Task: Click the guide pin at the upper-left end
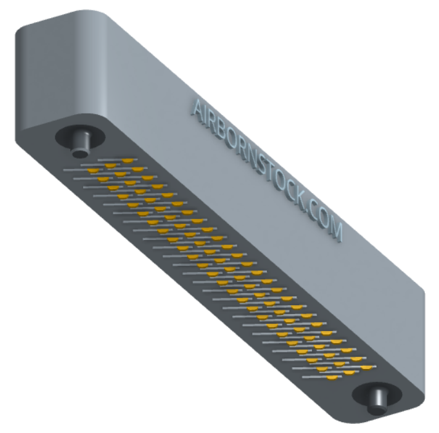[x=81, y=145]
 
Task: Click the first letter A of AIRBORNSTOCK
[x=199, y=108]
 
